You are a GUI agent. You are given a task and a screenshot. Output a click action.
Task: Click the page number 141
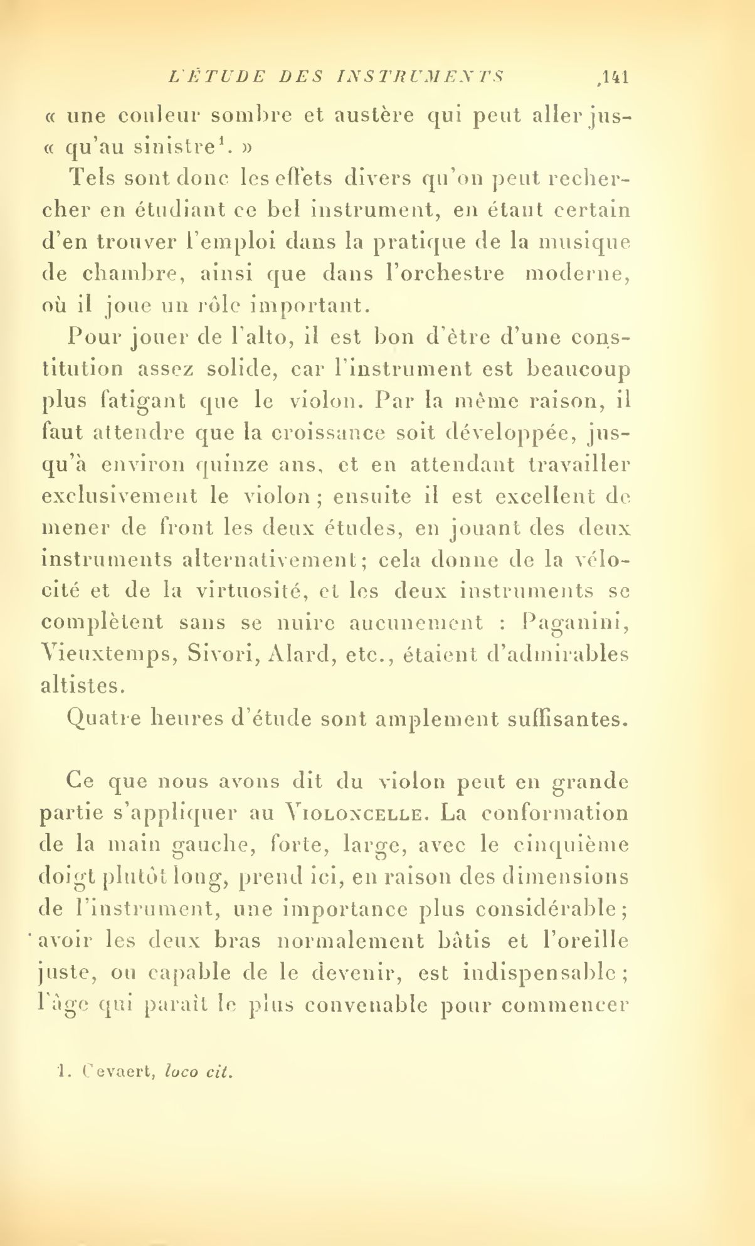point(613,77)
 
